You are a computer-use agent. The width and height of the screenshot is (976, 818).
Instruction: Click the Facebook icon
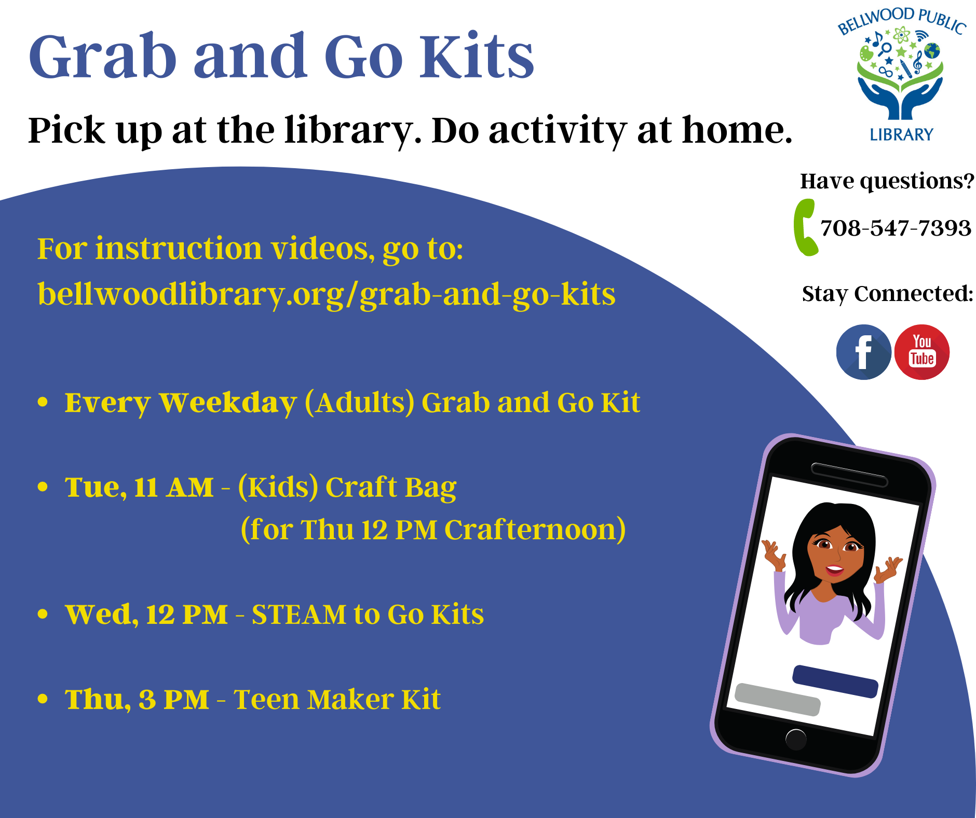click(x=863, y=352)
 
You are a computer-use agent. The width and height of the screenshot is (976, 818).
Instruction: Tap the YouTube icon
click(x=922, y=352)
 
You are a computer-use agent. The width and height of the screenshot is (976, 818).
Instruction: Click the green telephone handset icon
click(x=805, y=227)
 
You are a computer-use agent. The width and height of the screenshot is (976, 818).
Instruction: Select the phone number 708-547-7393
click(x=896, y=228)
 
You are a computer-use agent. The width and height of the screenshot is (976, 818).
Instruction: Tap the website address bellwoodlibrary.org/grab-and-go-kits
click(x=327, y=294)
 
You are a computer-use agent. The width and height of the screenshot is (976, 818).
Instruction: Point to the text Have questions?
click(x=887, y=181)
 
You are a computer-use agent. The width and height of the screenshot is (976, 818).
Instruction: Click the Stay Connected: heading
click(x=887, y=294)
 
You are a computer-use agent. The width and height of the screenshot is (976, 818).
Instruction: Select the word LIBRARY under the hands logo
click(x=902, y=135)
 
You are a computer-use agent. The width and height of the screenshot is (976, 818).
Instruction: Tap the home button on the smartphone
click(x=796, y=739)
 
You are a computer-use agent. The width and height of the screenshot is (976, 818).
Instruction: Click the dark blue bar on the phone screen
click(x=835, y=681)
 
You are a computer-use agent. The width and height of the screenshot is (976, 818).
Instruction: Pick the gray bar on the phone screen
click(x=778, y=700)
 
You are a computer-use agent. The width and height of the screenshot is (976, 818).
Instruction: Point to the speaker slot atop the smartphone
click(x=849, y=475)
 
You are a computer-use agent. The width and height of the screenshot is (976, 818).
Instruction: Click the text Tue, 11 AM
click(x=139, y=487)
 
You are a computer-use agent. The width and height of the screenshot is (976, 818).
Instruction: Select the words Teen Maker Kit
click(x=337, y=699)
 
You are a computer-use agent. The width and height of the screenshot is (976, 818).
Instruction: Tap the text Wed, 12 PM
click(x=146, y=615)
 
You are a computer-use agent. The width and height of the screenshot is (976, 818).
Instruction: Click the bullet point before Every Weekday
click(x=43, y=402)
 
